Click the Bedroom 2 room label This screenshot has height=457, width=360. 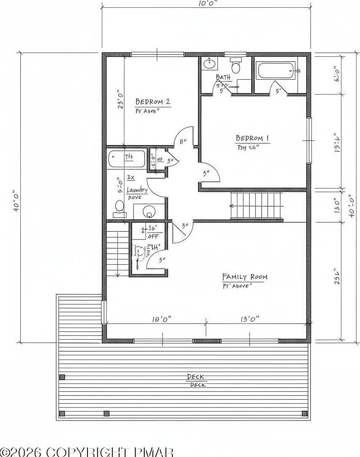pos(152,102)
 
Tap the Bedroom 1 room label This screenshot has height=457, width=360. pos(252,138)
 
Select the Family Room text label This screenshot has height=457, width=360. pos(244,277)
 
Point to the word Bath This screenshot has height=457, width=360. pos(223,77)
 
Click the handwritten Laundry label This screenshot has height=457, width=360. pos(137,190)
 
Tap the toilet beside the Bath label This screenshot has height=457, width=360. pos(236,66)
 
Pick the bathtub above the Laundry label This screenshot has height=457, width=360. pos(126,159)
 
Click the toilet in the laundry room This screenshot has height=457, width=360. pos(119,208)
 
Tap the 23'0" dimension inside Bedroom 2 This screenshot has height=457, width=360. pos(121,99)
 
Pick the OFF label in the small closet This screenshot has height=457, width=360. pos(153,236)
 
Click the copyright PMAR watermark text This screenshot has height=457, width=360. pos(87,452)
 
